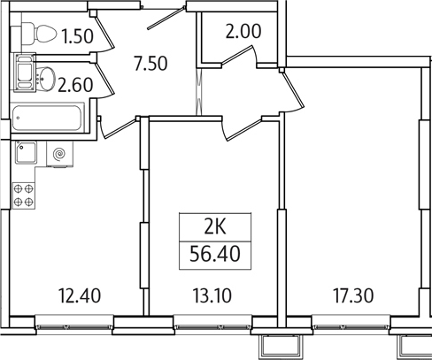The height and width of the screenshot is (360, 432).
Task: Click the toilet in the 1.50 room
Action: tap(30, 35)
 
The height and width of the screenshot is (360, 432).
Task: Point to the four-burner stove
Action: tap(24, 195)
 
